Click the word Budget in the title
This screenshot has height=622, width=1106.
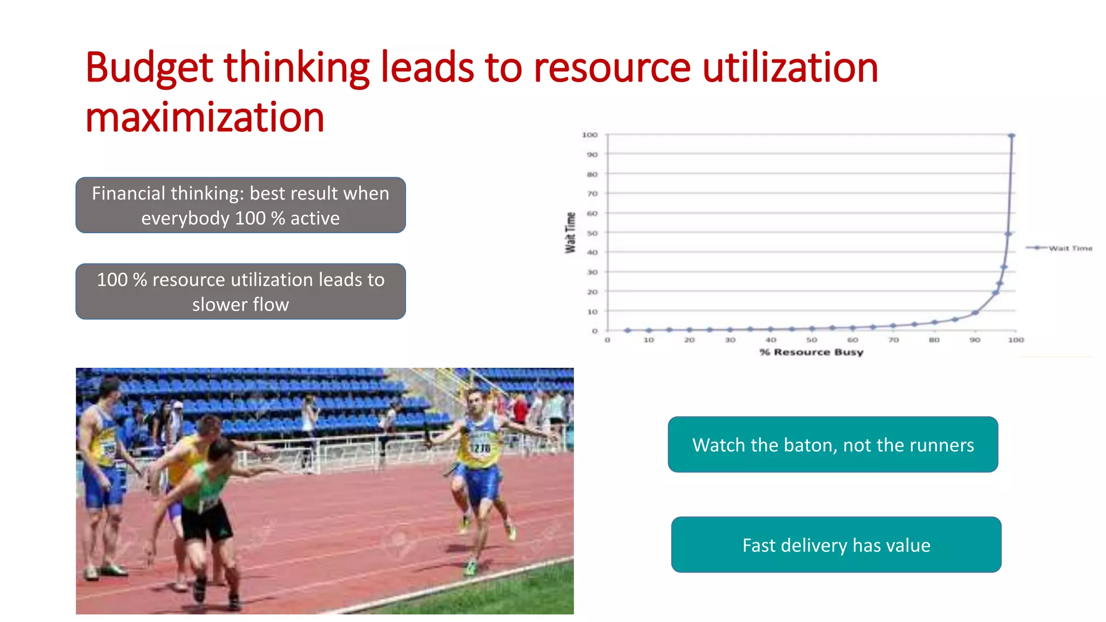coord(149,69)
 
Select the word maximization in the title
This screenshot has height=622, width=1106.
coord(205,118)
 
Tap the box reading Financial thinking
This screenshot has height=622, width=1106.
coord(240,205)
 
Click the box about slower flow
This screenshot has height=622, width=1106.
coord(240,292)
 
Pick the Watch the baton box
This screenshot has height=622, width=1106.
coord(833,444)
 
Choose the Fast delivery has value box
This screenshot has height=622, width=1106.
coord(836,545)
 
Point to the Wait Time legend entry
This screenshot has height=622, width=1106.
coord(1069,248)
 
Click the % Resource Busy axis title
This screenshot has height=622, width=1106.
coord(811,352)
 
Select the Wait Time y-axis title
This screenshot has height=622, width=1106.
coord(570,233)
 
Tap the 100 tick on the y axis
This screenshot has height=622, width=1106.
coord(590,135)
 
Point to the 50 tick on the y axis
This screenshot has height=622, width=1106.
coord(592,233)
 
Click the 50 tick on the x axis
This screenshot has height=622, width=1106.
coord(812,340)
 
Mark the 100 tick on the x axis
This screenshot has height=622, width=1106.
coord(1016,340)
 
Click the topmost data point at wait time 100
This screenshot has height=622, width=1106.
coord(1011,136)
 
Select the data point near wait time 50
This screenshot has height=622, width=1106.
coord(1008,234)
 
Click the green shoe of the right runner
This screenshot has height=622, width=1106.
coord(471,567)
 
